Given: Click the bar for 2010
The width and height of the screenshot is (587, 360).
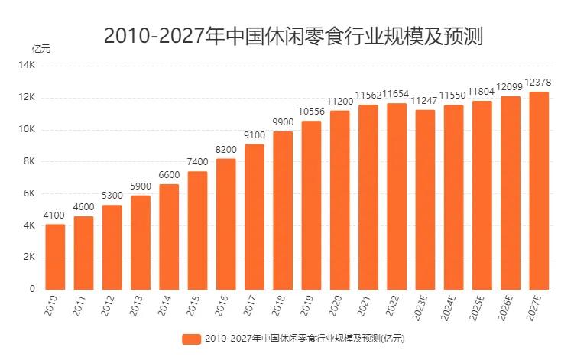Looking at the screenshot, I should click(x=55, y=257).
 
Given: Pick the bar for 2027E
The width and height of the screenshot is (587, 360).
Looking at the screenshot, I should click(x=539, y=190).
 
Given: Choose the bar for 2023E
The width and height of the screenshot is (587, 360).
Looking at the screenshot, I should click(x=425, y=199).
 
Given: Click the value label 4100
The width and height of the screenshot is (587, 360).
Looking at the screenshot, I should click(x=55, y=216).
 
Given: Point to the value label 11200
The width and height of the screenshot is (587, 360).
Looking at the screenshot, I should click(x=339, y=102).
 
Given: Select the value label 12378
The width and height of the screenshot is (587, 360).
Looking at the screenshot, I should click(x=539, y=83).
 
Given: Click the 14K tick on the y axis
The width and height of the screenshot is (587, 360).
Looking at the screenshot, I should click(x=28, y=66).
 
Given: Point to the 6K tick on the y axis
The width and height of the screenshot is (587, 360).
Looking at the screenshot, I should click(x=30, y=194).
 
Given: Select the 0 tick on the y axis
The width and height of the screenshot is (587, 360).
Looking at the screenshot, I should click(x=33, y=290).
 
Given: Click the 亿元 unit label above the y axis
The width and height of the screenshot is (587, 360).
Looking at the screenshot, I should click(x=41, y=48).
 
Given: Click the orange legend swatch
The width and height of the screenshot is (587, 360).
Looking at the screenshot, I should click(x=191, y=339).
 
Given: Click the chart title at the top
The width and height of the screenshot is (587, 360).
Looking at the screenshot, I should click(x=293, y=36).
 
